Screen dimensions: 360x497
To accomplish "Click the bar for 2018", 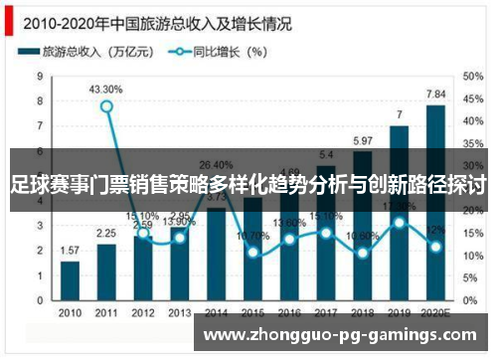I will (x=363, y=225).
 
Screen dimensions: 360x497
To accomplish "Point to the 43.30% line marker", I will (x=106, y=106).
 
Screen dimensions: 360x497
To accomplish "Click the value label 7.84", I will (x=435, y=94).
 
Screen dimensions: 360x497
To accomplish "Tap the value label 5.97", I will (x=363, y=140).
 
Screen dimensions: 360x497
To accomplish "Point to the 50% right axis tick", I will (x=472, y=75).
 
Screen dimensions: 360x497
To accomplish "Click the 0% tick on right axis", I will (x=468, y=299).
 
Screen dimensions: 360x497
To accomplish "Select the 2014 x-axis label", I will (x=216, y=312).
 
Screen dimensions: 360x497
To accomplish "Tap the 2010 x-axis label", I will (x=70, y=312).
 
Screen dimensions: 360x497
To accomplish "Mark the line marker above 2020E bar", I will (x=435, y=246).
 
